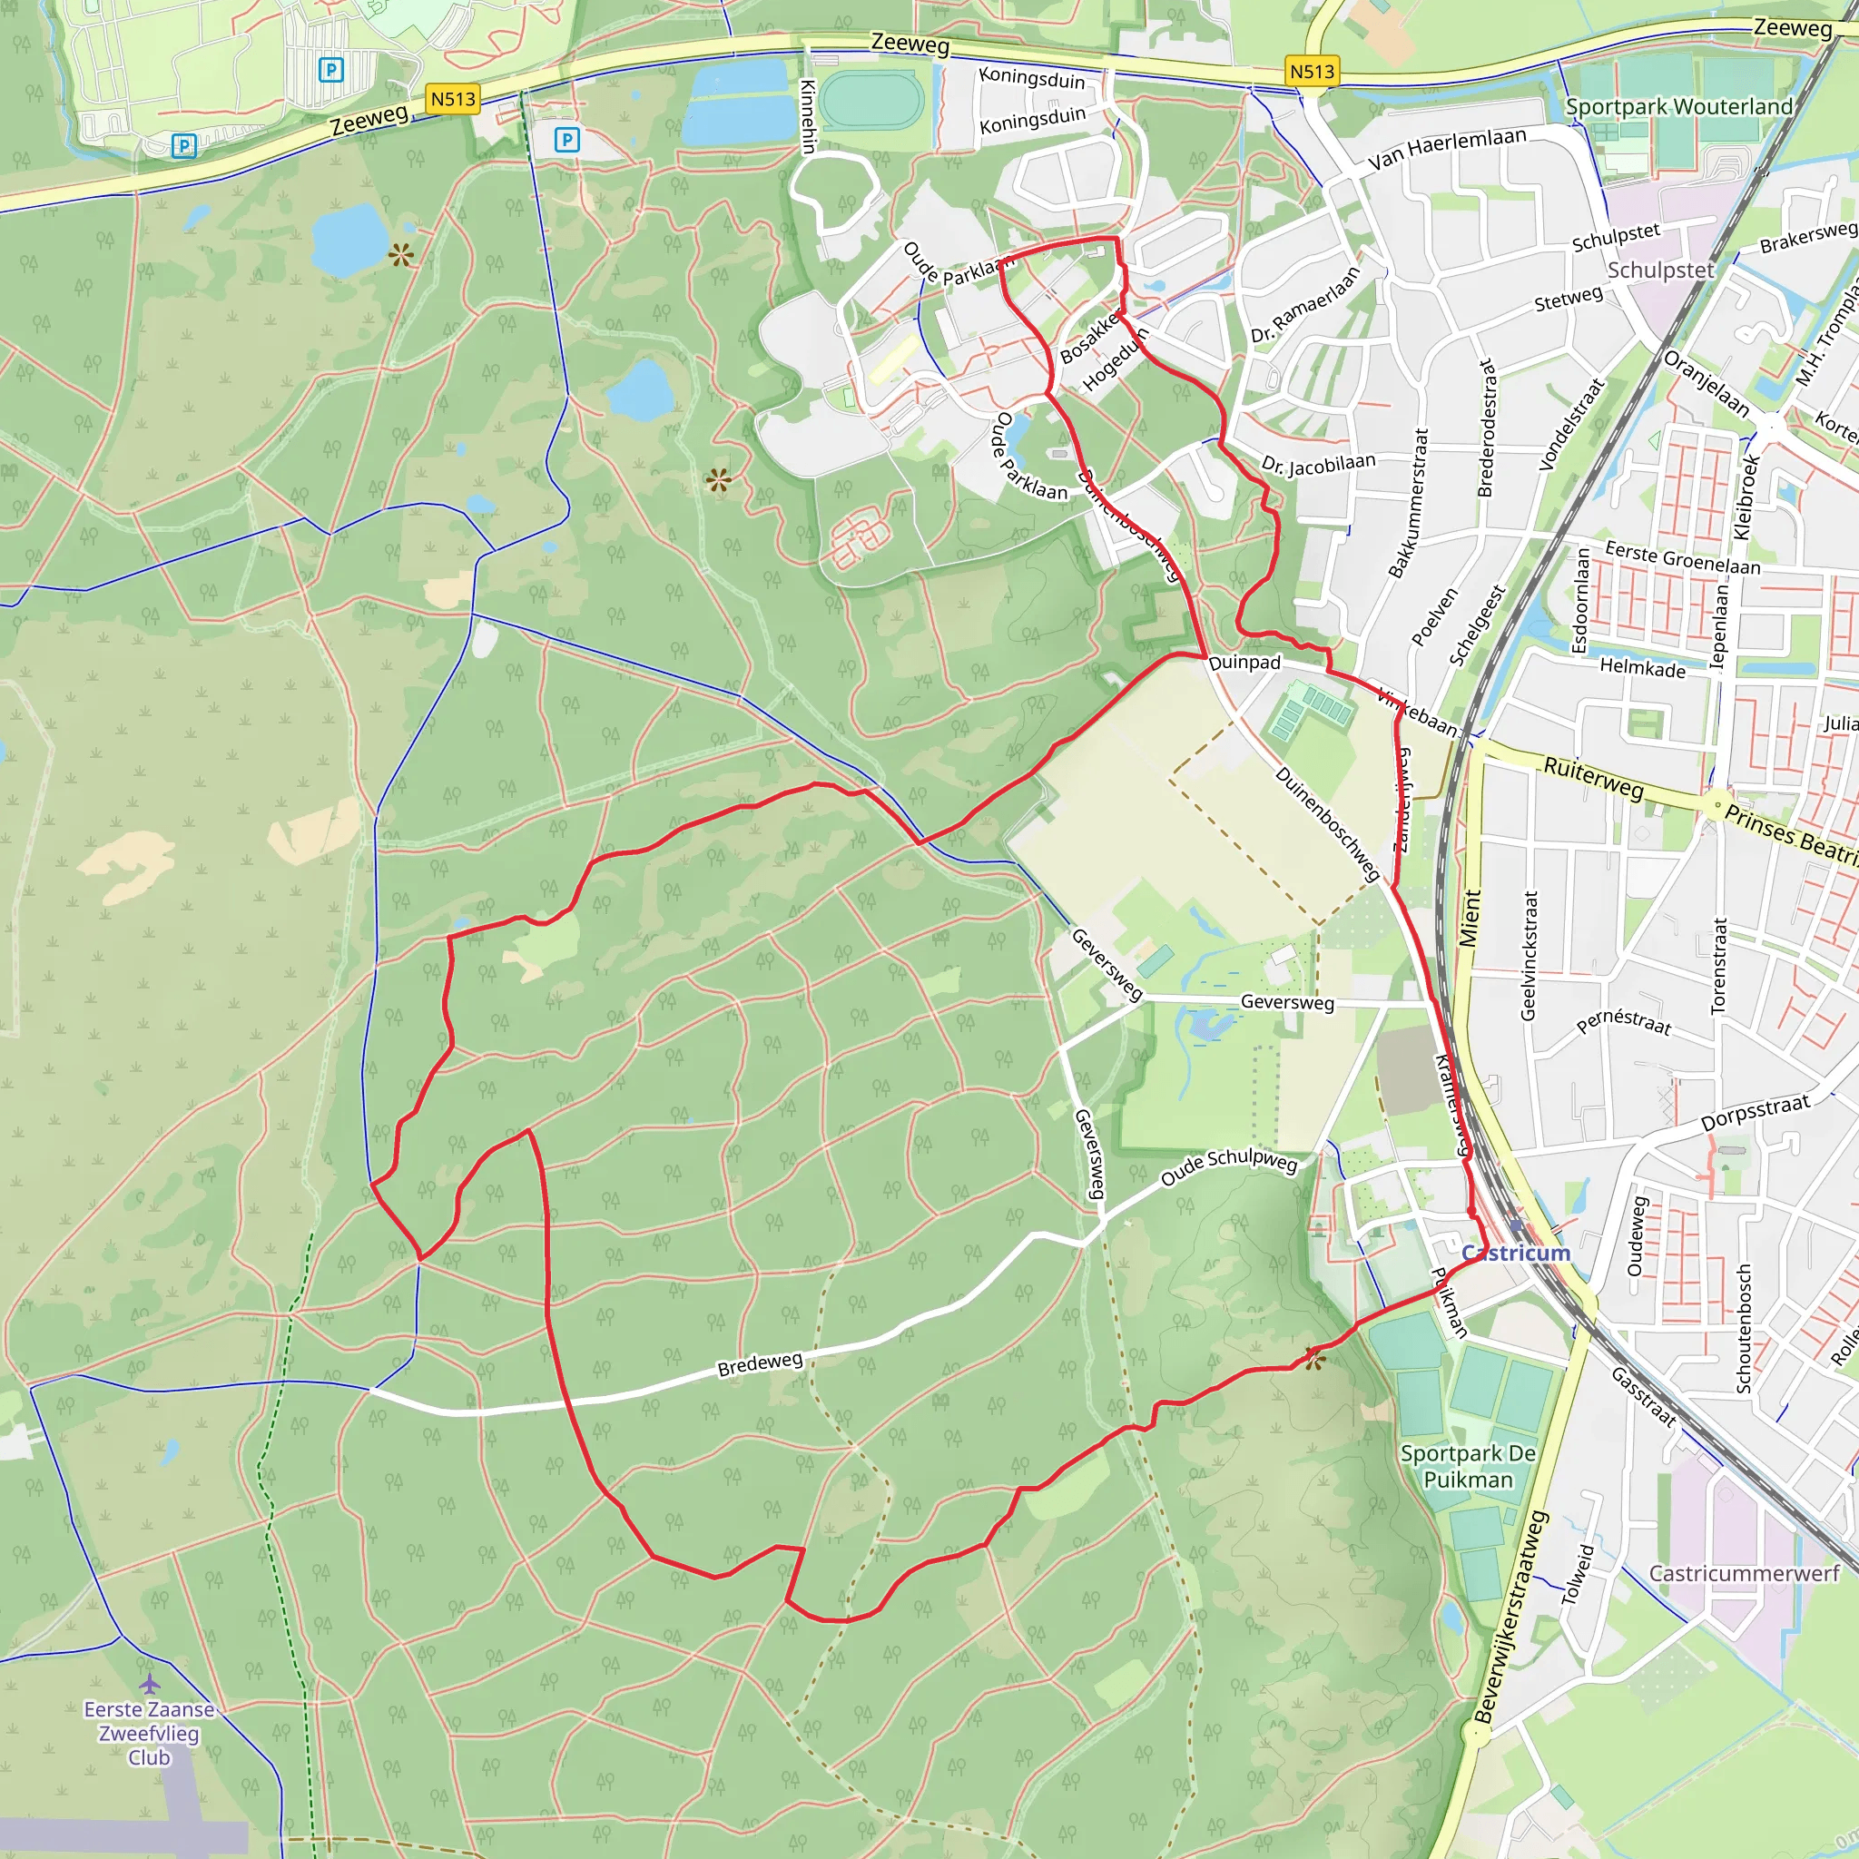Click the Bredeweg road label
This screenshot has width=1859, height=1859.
point(759,1363)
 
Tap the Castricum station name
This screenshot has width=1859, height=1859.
point(1516,1253)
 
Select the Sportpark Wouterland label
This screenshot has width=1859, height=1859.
point(1679,107)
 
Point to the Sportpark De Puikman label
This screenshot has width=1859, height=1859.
point(1468,1467)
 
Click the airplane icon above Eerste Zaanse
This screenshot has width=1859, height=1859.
point(149,1684)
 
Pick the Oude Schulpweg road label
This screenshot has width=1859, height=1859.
point(1229,1166)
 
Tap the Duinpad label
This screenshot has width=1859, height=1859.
point(1244,663)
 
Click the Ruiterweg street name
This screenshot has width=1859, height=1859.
point(1593,778)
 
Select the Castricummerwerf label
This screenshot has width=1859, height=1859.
point(1744,1573)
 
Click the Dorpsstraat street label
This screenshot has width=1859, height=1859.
point(1756,1112)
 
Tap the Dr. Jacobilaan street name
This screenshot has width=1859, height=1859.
point(1318,465)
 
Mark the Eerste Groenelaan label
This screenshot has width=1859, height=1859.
point(1682,558)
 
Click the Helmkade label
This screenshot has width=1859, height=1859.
point(1642,668)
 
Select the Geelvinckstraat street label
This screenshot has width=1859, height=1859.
point(1529,956)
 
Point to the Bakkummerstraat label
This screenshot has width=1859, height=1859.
point(1409,503)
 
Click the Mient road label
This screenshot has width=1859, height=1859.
point(1470,918)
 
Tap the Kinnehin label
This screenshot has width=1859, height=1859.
point(808,116)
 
